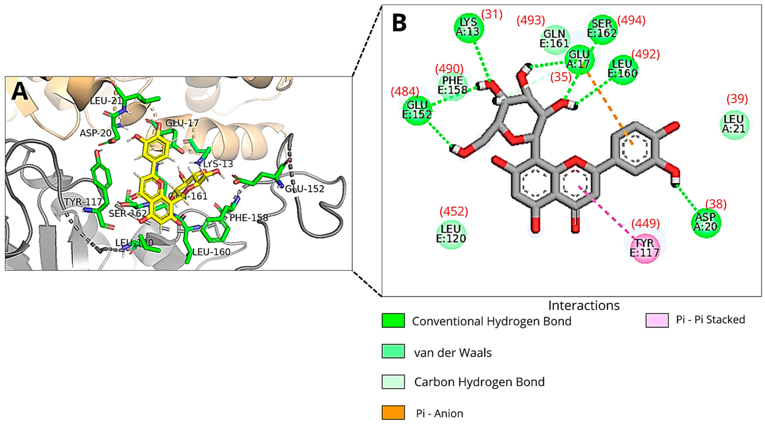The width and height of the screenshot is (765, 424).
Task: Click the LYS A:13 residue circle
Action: click(469, 27)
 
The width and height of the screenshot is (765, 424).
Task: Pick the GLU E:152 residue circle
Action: click(417, 110)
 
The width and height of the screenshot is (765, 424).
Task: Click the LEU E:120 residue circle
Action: click(451, 234)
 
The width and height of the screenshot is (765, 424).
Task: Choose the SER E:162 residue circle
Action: click(602, 29)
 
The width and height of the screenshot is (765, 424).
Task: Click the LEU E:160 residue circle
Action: click(622, 69)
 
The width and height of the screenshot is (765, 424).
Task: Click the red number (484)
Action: click(405, 92)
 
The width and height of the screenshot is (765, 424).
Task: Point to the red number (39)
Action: click(737, 99)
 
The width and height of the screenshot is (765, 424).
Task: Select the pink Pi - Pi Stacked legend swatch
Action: click(657, 320)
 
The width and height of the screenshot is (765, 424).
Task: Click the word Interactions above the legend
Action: click(583, 305)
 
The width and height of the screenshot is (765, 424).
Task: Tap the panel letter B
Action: click(399, 23)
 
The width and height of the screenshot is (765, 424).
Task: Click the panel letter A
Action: click(20, 92)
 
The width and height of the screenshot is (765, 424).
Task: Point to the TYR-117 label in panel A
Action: click(83, 202)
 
